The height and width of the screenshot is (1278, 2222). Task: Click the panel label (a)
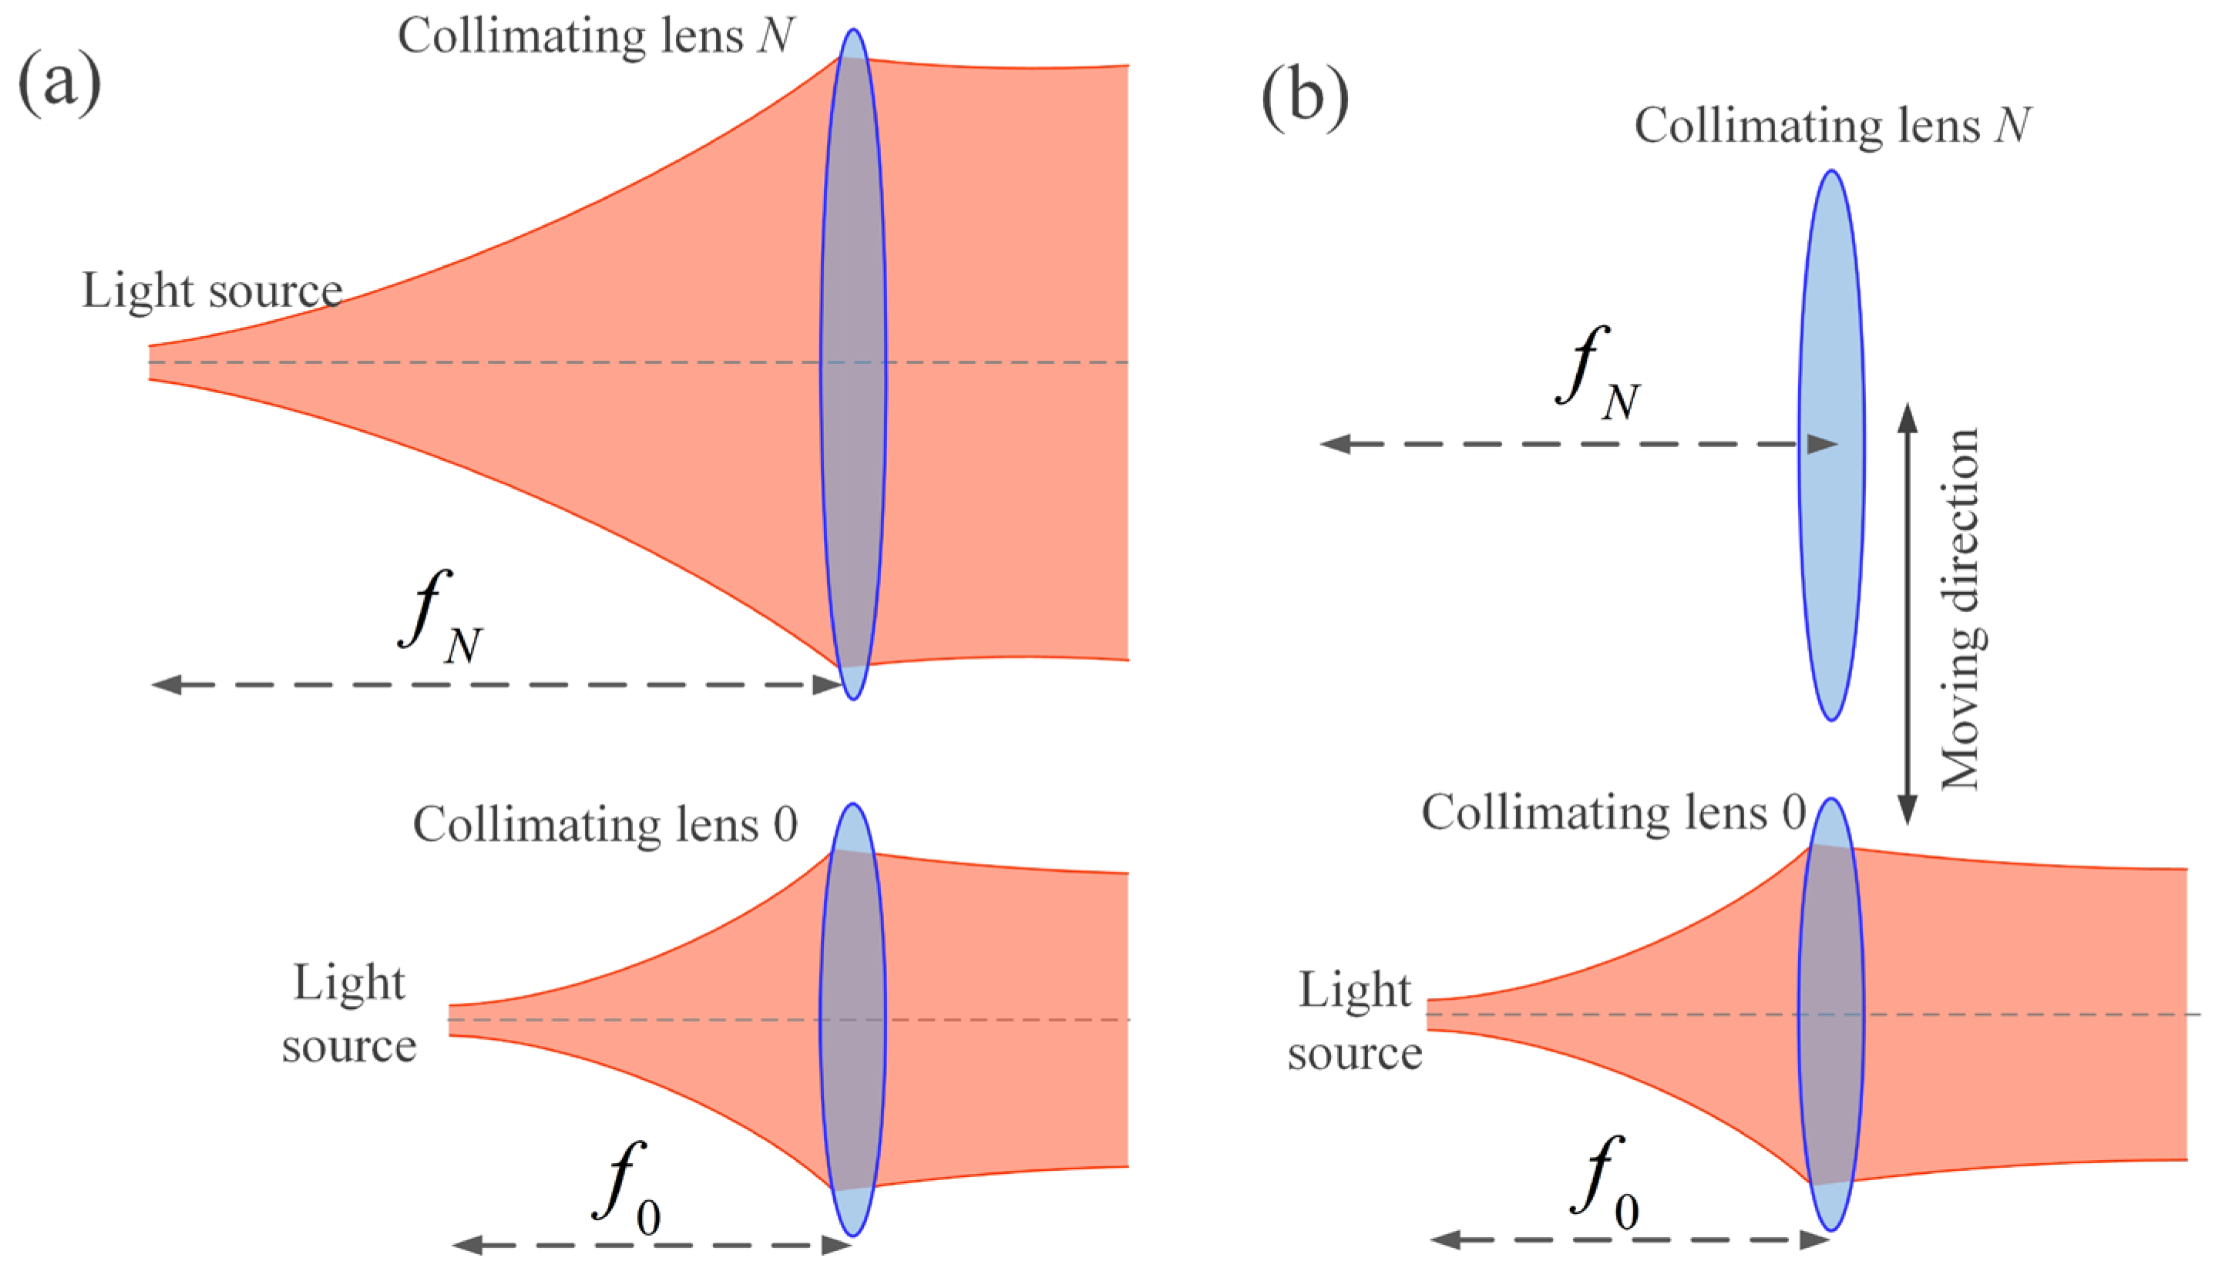59,83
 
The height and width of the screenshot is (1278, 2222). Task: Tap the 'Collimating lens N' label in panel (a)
596,37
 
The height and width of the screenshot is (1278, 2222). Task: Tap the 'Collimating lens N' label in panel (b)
1832,126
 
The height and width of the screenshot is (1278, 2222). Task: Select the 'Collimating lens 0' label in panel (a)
605,825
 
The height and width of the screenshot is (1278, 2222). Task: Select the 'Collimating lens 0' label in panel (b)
1613,812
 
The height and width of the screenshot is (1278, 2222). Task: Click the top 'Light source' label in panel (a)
211,291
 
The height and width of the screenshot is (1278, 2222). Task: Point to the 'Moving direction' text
1962,610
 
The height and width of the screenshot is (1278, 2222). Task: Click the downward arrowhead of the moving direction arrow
1907,810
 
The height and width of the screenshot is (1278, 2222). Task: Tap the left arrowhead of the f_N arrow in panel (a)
166,684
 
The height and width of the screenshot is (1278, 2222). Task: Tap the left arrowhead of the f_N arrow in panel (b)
1335,444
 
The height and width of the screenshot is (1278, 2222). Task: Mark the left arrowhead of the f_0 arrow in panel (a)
467,1245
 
